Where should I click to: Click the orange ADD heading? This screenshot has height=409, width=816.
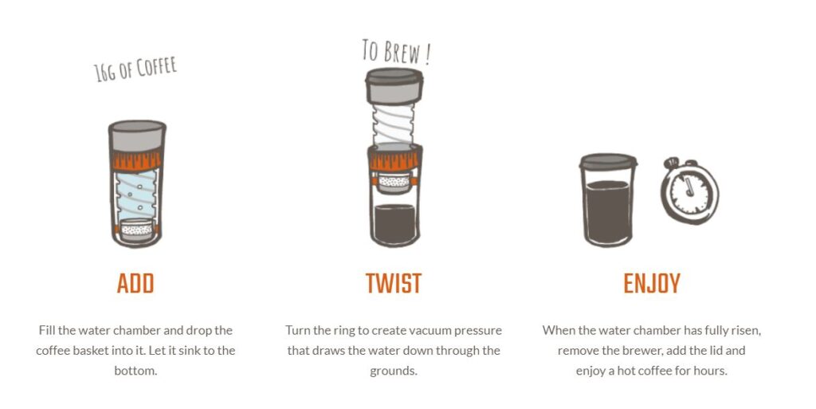[x=135, y=284]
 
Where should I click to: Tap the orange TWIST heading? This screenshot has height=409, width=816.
[x=393, y=284]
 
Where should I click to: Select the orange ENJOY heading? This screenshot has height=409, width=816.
[x=652, y=284]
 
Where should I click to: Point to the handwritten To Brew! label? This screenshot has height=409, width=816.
[x=397, y=52]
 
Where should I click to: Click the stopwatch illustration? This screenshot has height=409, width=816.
[x=689, y=191]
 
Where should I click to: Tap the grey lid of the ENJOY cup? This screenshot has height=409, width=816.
[x=608, y=161]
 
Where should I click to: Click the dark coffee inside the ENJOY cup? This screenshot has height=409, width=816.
[x=608, y=211]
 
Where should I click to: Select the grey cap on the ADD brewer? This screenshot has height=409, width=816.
[x=137, y=136]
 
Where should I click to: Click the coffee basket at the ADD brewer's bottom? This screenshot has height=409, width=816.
[x=136, y=229]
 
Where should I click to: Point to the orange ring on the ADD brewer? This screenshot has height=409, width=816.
[x=137, y=160]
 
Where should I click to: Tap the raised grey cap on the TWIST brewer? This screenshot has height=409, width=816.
[x=394, y=85]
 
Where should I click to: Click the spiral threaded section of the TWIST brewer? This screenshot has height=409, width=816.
[x=394, y=124]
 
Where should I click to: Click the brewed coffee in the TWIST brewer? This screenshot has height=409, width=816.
[x=394, y=224]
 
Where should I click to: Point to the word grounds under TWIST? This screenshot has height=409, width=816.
[x=394, y=372]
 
